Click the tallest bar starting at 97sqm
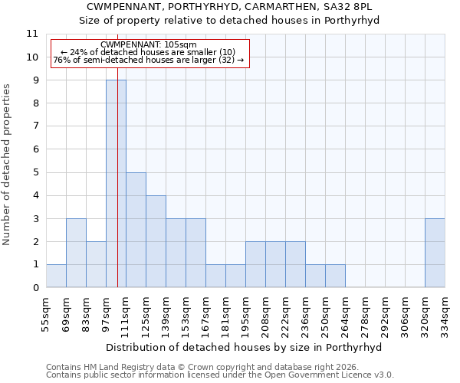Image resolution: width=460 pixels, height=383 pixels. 116,184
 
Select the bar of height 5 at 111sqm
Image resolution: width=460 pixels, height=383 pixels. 136,230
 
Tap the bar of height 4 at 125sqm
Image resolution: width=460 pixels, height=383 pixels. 156,241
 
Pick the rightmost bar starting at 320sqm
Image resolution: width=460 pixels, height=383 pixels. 435,253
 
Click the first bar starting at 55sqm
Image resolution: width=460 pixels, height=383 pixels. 56,276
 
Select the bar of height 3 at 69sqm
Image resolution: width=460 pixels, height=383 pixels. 76,253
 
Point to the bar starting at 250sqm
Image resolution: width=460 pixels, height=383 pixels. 335,276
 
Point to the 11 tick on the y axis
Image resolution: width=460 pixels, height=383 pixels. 32,34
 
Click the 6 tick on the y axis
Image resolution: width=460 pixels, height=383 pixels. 34,149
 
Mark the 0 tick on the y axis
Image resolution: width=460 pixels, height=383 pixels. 34,288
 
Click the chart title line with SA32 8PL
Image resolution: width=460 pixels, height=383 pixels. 230,6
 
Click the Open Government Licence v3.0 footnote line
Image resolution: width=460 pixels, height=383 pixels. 220,375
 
